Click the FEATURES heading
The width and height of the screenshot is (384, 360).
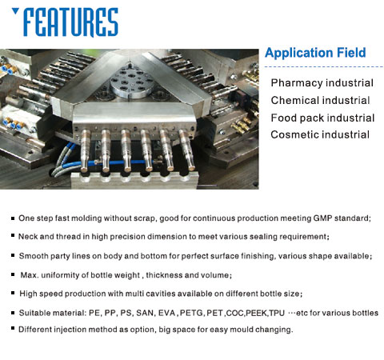[71, 22]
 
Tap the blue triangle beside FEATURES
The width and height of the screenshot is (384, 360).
[15, 11]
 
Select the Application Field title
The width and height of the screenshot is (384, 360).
[315, 53]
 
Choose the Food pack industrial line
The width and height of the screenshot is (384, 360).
[322, 118]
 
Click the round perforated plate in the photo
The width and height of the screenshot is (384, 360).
[131, 82]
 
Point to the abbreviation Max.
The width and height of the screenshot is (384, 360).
[30, 275]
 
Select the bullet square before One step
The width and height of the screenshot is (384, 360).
[13, 218]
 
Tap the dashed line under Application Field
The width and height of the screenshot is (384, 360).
[324, 66]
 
